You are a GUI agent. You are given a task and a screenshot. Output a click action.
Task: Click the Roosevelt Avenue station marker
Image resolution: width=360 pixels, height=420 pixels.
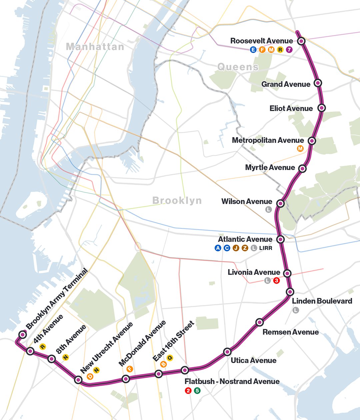(301, 41)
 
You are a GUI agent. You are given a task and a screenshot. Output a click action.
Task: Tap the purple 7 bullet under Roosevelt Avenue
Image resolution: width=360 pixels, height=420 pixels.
(289, 50)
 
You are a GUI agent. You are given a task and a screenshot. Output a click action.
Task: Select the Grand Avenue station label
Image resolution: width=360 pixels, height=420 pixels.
(286, 84)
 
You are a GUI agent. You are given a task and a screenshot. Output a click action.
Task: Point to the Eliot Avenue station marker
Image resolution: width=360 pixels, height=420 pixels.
(322, 108)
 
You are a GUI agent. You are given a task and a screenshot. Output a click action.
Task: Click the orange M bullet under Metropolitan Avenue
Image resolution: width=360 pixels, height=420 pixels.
(300, 149)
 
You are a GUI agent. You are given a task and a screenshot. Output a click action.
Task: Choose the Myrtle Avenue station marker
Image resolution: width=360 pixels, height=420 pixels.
(302, 168)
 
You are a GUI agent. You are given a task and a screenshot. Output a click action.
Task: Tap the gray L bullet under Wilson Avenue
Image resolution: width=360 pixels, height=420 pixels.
(268, 210)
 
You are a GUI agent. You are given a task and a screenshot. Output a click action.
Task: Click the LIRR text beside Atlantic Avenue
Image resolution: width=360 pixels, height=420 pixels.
(266, 248)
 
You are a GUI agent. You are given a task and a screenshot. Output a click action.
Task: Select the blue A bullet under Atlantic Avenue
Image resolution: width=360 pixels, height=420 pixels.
(218, 248)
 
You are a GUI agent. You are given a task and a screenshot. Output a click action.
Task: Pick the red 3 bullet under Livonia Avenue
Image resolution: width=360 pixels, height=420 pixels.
(276, 281)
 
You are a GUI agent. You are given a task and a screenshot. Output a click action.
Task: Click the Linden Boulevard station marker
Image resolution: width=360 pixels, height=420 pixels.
(290, 292)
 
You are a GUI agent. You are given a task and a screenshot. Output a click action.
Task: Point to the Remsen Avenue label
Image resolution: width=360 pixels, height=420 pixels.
(290, 332)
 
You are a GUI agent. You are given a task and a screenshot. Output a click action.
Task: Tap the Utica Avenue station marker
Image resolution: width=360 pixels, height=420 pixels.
(227, 352)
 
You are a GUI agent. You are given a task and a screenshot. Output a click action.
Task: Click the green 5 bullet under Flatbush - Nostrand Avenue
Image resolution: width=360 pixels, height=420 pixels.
(197, 390)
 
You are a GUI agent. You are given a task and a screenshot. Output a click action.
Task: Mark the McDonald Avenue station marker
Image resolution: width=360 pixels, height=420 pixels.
(126, 379)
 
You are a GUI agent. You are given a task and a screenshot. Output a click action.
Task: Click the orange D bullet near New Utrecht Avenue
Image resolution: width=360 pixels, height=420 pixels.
(90, 376)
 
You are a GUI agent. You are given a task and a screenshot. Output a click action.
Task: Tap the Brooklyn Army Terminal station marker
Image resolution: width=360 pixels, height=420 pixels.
(22, 334)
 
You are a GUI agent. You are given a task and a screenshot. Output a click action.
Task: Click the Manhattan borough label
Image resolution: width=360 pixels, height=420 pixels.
(95, 47)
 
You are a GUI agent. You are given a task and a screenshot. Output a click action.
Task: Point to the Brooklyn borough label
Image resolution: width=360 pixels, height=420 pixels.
(177, 200)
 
